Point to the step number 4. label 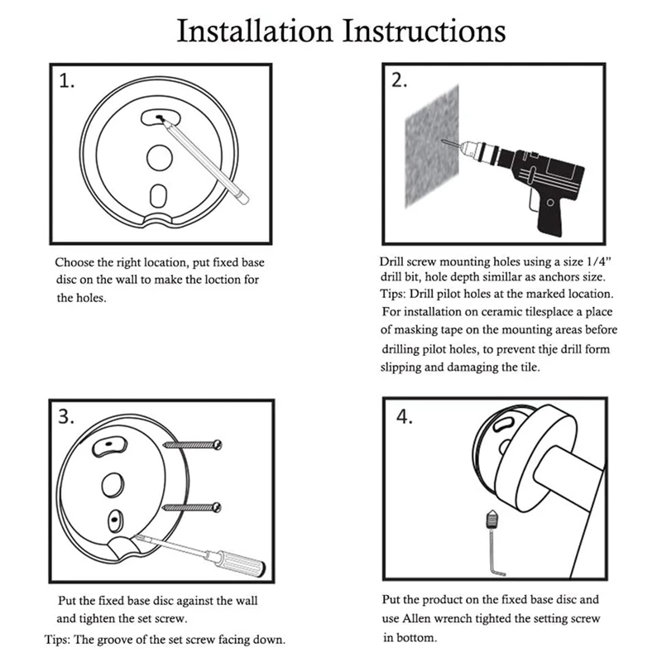click(x=403, y=416)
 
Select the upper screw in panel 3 click(x=195, y=445)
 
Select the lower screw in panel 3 click(x=195, y=505)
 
